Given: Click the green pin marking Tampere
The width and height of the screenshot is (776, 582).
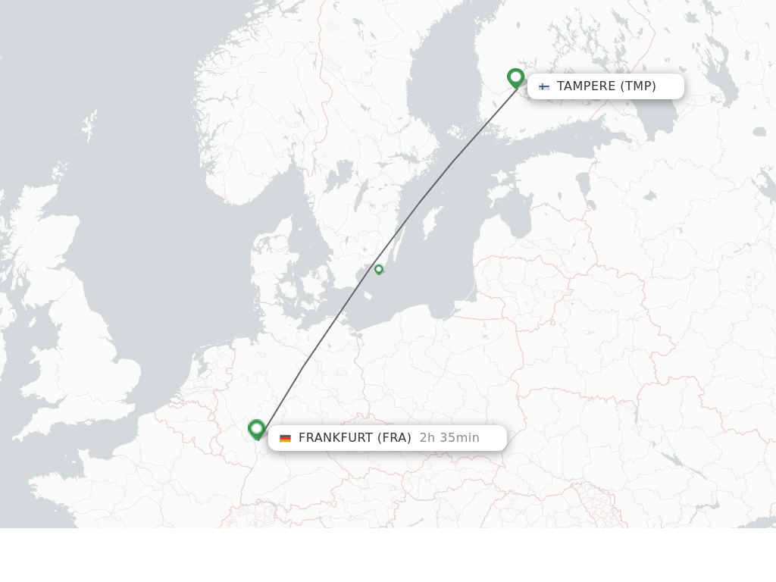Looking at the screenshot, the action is [x=515, y=77].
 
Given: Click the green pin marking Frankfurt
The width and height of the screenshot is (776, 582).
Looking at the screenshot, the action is [x=257, y=430].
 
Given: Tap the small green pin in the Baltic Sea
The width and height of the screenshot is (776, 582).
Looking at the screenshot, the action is [x=379, y=269].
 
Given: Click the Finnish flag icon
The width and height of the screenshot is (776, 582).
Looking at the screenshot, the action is [x=544, y=86].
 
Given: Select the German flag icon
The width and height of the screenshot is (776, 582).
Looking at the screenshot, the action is [x=285, y=438].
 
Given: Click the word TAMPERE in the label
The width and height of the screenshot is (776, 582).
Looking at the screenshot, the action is [x=586, y=86].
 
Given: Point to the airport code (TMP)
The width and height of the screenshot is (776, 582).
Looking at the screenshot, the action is [x=638, y=86].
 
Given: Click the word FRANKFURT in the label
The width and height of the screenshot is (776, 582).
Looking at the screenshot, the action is [x=335, y=438].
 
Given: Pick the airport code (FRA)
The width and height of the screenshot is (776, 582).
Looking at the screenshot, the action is [x=394, y=438].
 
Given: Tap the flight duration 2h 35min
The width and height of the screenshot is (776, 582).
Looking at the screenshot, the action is [x=449, y=438].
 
